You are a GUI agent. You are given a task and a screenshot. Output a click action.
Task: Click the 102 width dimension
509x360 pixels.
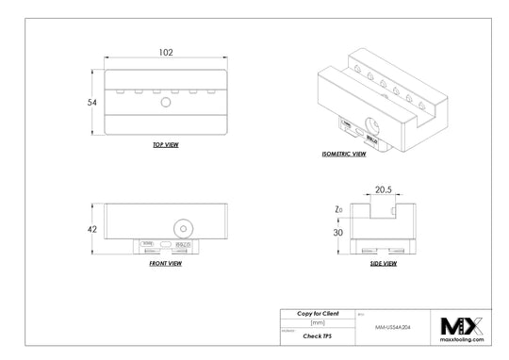pos(165,54)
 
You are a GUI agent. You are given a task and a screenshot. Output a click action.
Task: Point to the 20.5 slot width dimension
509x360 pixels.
pos(383,188)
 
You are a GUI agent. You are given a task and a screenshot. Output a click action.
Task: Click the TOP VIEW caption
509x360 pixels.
pos(165,145)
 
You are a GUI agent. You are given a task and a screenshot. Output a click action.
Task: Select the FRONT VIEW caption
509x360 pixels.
pos(165,263)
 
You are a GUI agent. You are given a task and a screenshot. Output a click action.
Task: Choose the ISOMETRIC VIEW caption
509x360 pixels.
pos(343,152)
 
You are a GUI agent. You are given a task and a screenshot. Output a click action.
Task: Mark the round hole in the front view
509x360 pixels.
pos(181,227)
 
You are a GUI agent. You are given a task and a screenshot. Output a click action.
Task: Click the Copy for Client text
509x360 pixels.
pos(319,312)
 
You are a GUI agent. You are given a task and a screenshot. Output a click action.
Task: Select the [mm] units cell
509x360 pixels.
pos(319,322)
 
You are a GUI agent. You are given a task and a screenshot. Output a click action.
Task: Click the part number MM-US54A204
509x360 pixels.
pos(392,323)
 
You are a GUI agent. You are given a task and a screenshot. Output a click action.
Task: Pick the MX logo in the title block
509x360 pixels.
pos(462,325)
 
